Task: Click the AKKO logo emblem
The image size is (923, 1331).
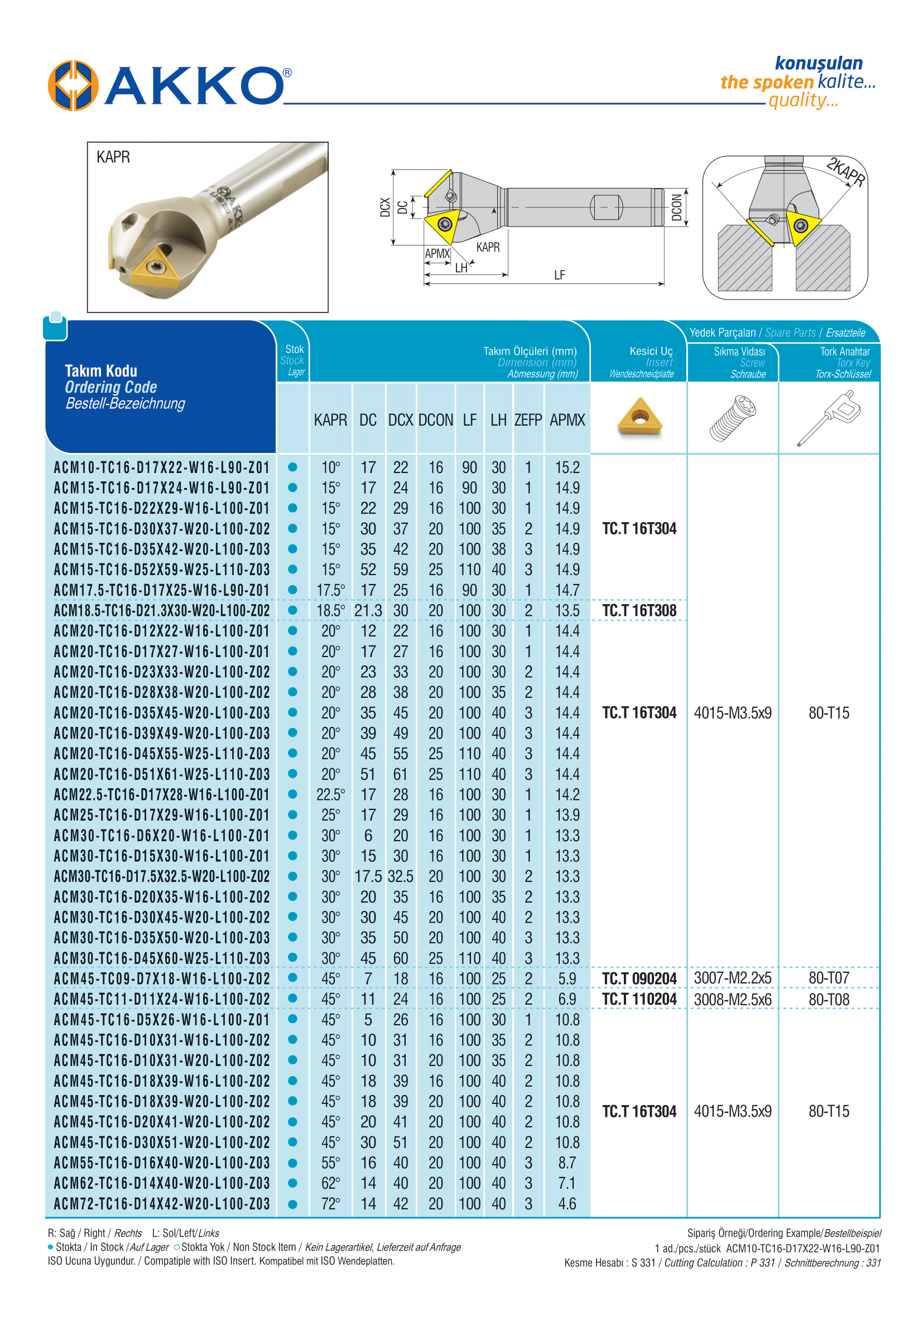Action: coord(73,85)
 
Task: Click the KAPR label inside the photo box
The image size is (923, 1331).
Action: coord(113,157)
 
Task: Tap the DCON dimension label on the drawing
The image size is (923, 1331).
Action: coord(676,208)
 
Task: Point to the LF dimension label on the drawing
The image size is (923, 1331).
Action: coord(559,275)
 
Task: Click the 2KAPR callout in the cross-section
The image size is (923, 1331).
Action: coord(845,172)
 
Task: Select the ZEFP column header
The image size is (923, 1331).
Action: coord(527,420)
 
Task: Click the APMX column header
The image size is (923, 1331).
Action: coord(567,420)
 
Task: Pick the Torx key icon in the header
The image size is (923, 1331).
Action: coord(829,417)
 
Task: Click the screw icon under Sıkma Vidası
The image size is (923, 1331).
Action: coord(732,418)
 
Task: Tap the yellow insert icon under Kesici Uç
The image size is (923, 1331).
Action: coord(639,416)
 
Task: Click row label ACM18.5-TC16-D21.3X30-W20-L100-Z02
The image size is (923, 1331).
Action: coord(161,611)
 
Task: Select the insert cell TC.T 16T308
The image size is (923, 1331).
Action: coord(639,611)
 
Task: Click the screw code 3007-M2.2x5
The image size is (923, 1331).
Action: coord(732,978)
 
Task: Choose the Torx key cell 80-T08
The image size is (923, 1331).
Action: coord(829,999)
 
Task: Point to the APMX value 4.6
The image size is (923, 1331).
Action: coord(567,1204)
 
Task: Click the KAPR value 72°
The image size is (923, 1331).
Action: coord(330,1204)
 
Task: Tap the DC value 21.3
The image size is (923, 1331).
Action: coord(368,611)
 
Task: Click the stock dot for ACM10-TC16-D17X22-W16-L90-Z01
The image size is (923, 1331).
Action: coord(292,467)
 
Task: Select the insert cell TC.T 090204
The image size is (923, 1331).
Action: coord(639,978)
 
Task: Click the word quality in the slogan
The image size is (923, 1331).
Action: coord(802,100)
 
